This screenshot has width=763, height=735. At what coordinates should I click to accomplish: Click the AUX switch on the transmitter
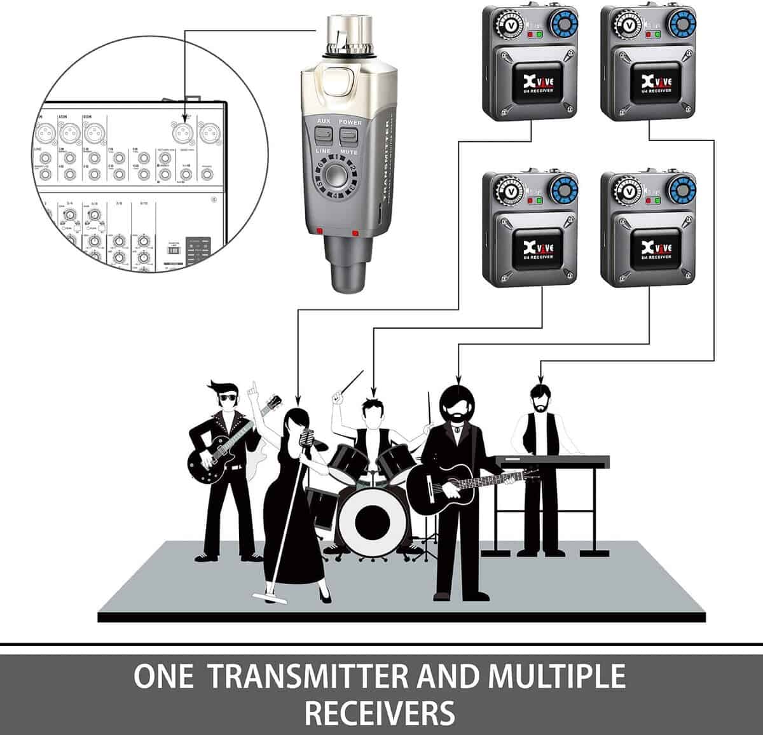(x=324, y=134)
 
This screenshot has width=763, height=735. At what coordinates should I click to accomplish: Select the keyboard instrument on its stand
(x=551, y=462)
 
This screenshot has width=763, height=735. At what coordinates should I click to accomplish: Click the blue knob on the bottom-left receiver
(x=564, y=190)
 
